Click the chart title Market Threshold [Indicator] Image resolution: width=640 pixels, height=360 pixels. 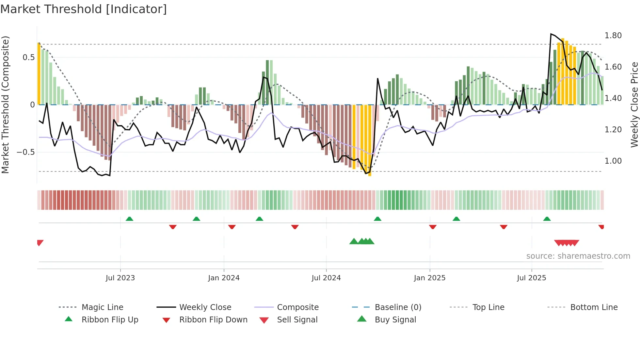pyautogui.click(x=84, y=9)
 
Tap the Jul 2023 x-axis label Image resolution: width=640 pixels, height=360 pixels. pyautogui.click(x=120, y=278)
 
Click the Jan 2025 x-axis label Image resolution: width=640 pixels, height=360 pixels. pyautogui.click(x=429, y=278)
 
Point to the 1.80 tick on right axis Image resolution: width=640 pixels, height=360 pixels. pyautogui.click(x=613, y=35)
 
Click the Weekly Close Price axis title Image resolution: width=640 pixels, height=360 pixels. pyautogui.click(x=634, y=105)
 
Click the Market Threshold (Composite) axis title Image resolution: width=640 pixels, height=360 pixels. pyautogui.click(x=5, y=105)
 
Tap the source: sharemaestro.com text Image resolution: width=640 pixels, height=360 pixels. pyautogui.click(x=578, y=256)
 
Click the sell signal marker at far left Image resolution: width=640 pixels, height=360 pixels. pyautogui.click(x=40, y=242)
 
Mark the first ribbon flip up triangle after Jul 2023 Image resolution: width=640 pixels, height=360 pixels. pyautogui.click(x=129, y=219)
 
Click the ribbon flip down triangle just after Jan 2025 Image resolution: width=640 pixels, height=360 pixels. pyautogui.click(x=433, y=227)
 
